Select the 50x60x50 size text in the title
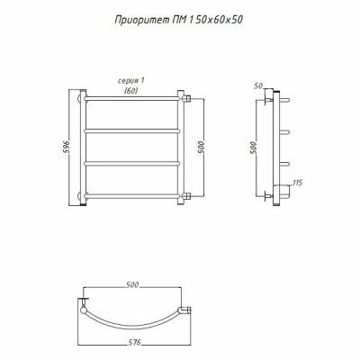click(x=218, y=20)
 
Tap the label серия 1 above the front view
click(x=131, y=81)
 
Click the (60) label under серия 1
click(x=131, y=91)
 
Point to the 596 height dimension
click(x=67, y=147)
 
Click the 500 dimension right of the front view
click(x=201, y=147)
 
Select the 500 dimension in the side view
click(x=254, y=148)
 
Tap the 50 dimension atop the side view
click(x=258, y=86)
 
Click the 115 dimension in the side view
click(x=296, y=183)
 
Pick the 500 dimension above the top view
click(x=131, y=284)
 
